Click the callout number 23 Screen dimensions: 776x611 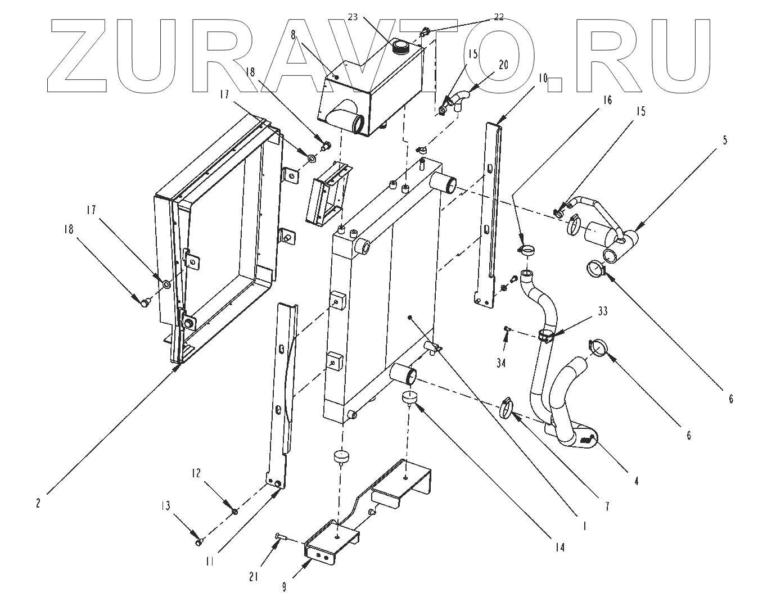click(353, 17)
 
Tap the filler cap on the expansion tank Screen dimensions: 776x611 click(402, 47)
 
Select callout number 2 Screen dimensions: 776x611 click(38, 504)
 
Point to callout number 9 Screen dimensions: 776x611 click(285, 587)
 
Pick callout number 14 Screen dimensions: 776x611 click(560, 547)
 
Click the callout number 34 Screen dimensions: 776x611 click(501, 363)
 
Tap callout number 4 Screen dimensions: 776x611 click(636, 481)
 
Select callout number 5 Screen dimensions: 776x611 click(725, 141)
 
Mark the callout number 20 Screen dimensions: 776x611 click(503, 65)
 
